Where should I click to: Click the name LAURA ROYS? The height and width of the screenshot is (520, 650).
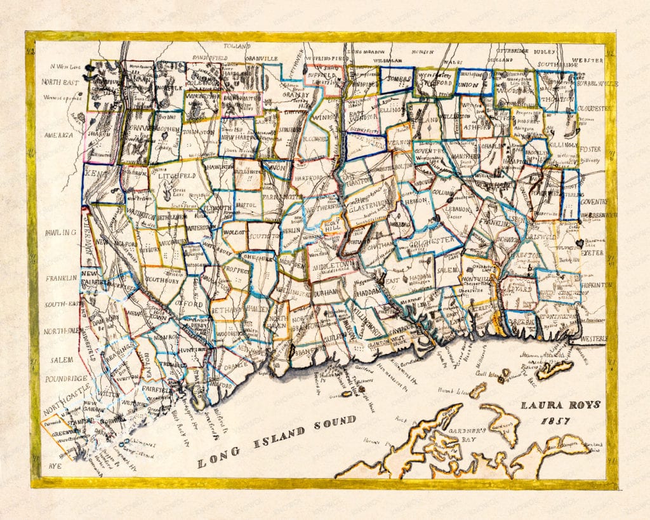[x=560, y=404]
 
